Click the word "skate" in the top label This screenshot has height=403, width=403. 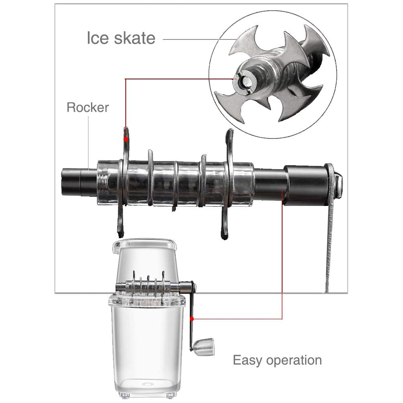tap(135, 38)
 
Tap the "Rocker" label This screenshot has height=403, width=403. tap(87, 107)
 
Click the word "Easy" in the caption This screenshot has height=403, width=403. tap(248, 360)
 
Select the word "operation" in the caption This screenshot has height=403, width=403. tap(294, 360)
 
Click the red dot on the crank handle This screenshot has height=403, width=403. tap(192, 319)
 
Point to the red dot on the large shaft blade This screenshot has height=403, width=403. tap(126, 139)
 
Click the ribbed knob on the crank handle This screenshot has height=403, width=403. tap(204, 347)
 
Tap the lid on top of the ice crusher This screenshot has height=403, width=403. tap(145, 245)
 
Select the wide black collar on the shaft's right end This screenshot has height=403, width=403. tap(306, 185)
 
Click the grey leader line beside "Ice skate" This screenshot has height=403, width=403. tap(200, 39)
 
